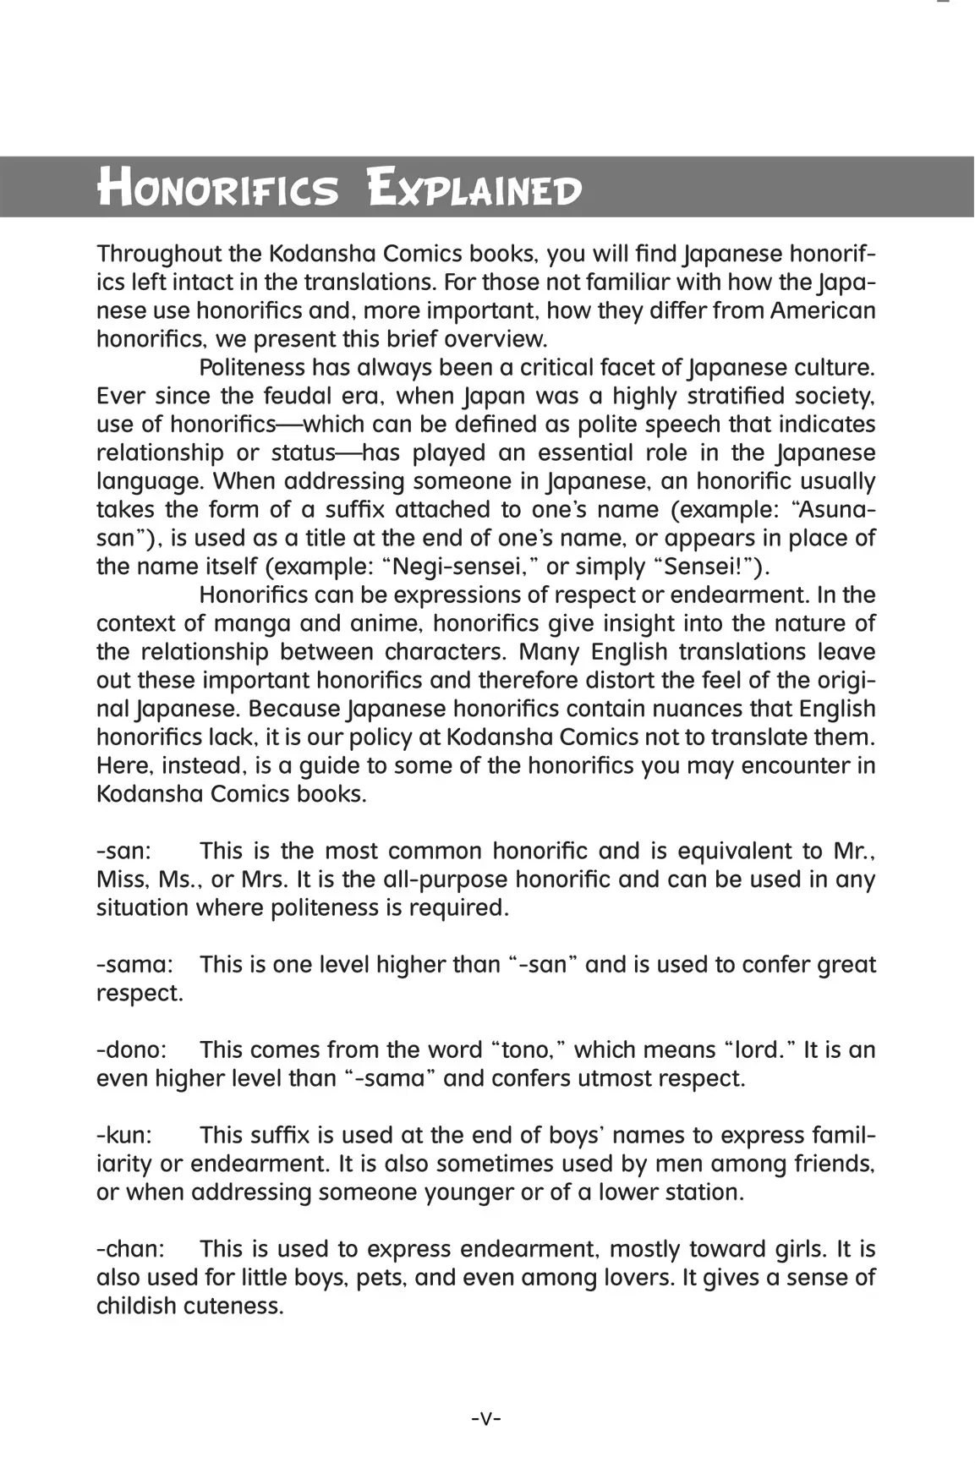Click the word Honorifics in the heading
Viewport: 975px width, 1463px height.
pyautogui.click(x=218, y=188)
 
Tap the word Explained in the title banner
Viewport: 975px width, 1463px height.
pyautogui.click(x=474, y=188)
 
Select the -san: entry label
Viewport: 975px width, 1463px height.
pyautogui.click(x=123, y=851)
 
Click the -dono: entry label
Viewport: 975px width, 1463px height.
pyautogui.click(x=132, y=1049)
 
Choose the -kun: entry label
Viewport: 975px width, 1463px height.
pyautogui.click(x=123, y=1135)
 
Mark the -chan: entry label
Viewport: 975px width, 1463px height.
pyautogui.click(x=131, y=1248)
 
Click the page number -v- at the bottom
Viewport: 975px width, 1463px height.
pyautogui.click(x=486, y=1417)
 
